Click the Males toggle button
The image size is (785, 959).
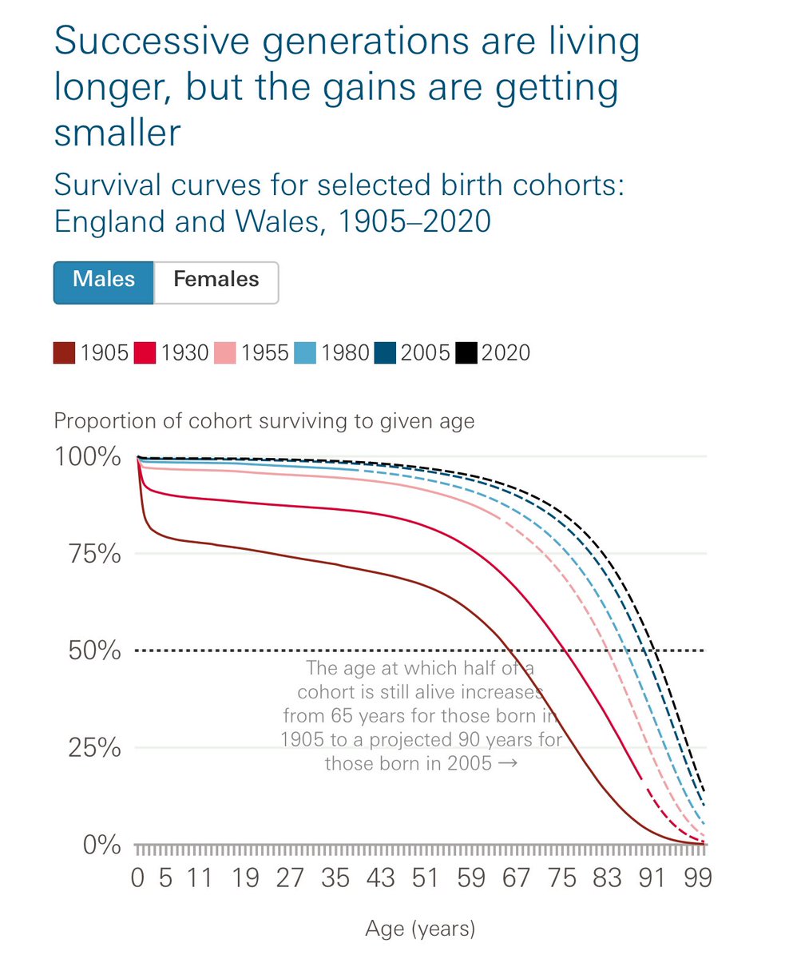pos(103,281)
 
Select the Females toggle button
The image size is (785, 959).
pos(216,281)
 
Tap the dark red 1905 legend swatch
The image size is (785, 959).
pos(65,352)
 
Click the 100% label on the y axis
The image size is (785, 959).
pos(87,457)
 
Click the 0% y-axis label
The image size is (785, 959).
pos(101,845)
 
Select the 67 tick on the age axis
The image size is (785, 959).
pos(517,878)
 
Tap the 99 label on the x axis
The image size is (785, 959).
pos(698,878)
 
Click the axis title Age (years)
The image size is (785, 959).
pos(420,929)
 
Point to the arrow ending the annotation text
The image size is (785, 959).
pos(506,763)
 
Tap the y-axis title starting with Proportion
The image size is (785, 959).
pos(264,421)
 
